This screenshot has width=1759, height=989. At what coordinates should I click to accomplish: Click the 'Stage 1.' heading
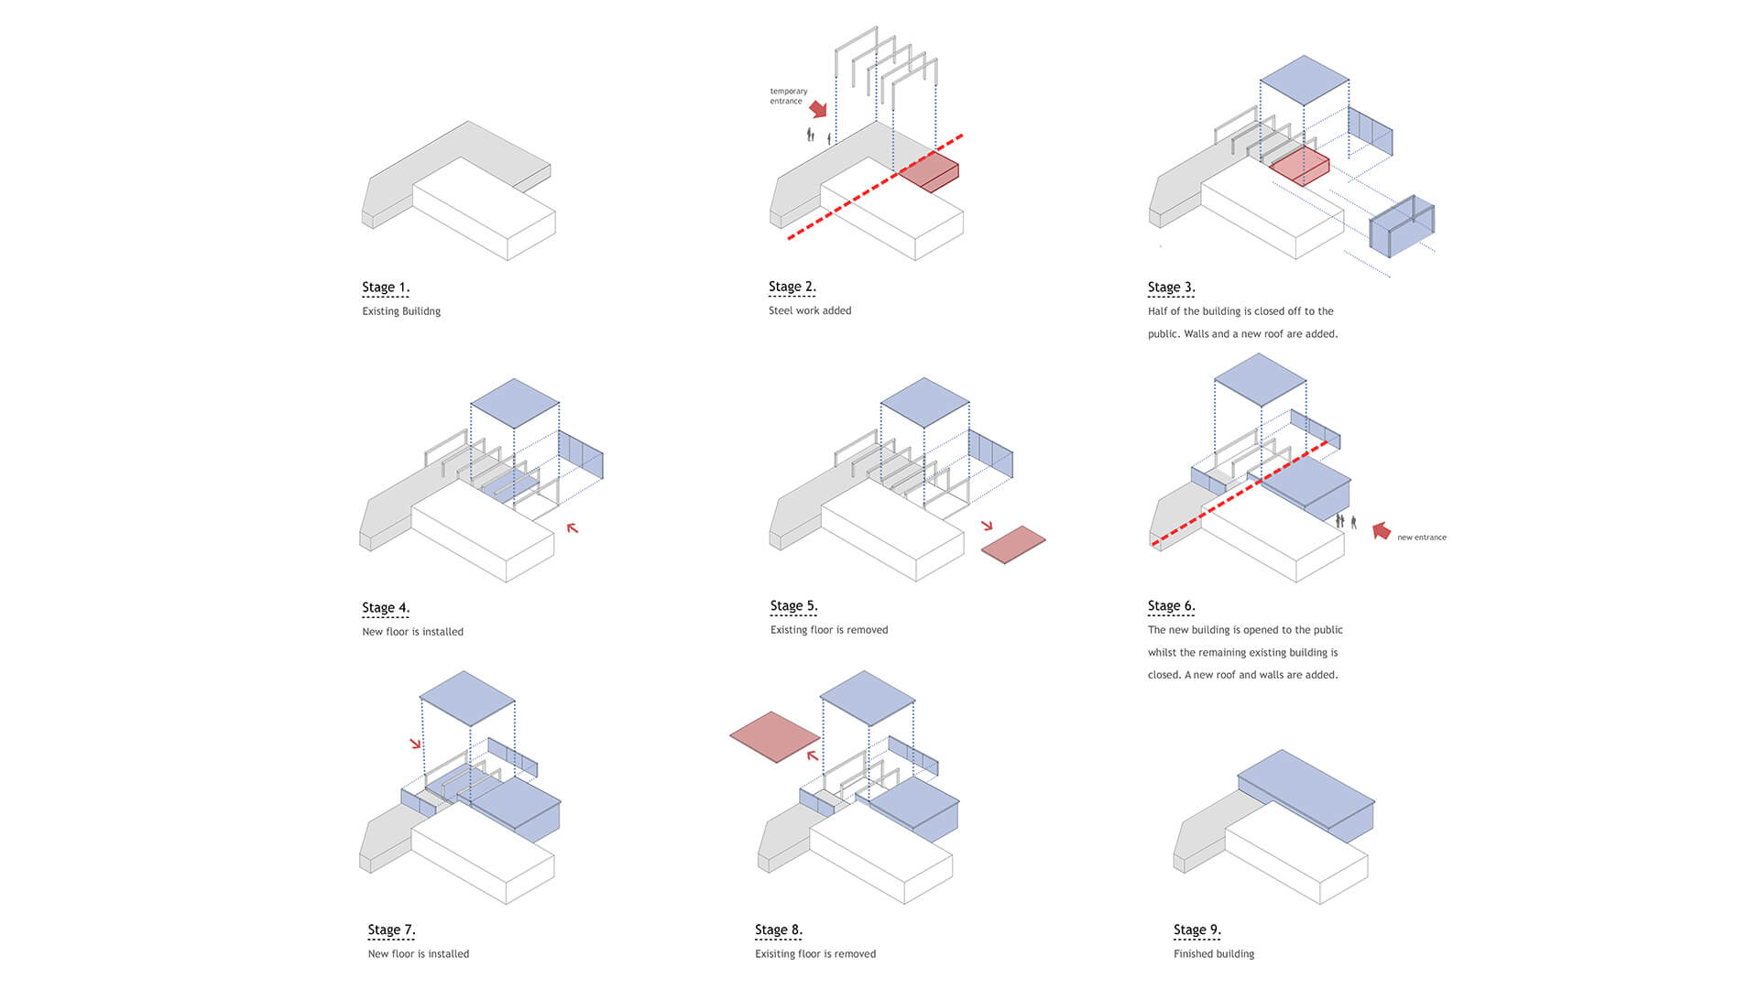386,288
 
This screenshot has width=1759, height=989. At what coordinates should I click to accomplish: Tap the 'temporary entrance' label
788,96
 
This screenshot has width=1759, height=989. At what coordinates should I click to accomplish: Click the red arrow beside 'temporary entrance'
818,108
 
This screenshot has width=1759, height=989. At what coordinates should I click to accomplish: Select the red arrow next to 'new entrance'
1382,530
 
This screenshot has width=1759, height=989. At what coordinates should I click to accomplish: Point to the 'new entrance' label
1421,538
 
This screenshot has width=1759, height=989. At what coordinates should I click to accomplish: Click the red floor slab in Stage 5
1013,544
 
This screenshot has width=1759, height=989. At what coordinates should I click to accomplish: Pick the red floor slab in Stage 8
774,736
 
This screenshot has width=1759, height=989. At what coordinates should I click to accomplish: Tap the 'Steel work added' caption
810,311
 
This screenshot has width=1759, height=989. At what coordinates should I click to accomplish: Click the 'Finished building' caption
1214,954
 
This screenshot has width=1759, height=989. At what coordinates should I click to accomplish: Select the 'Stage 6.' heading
1171,606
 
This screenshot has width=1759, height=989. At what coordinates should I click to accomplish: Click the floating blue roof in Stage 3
1304,80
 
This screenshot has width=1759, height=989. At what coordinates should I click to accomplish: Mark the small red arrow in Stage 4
572,528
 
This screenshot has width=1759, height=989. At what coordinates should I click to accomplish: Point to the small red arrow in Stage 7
416,743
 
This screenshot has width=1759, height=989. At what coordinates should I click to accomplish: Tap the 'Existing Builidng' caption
401,311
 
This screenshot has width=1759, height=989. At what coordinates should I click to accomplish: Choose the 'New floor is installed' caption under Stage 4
412,632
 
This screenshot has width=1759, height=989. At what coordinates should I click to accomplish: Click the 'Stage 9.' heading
1196,930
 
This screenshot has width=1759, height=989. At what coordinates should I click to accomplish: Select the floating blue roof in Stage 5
924,402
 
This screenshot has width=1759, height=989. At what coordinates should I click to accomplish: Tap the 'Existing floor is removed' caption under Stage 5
829,630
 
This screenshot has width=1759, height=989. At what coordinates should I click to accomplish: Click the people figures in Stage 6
1346,522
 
